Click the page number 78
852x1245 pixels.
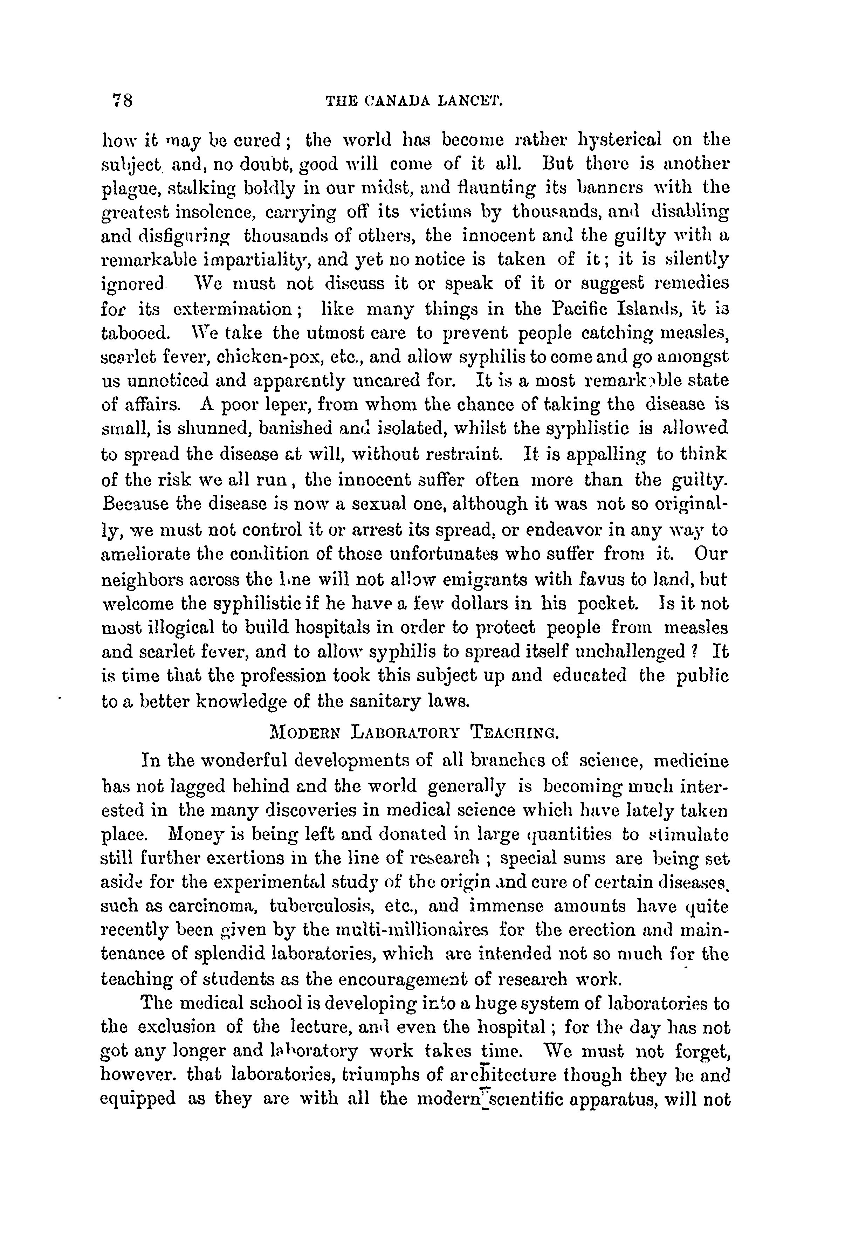(x=122, y=100)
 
